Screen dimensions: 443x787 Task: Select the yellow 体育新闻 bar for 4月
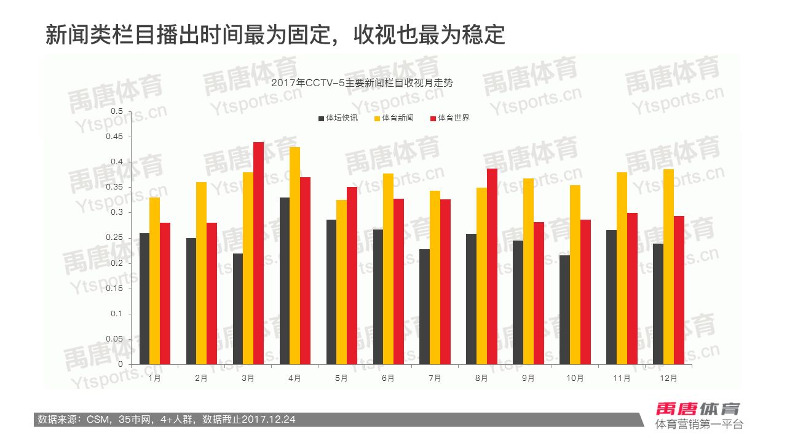tap(295, 255)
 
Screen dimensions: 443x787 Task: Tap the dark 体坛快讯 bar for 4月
tap(285, 281)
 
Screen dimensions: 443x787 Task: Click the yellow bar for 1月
tap(155, 281)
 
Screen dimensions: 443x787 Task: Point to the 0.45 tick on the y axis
tap(115, 137)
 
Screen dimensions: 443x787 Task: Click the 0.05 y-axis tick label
tap(115, 339)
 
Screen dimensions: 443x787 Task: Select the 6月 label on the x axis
tap(388, 378)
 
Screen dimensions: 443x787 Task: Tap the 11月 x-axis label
tap(622, 378)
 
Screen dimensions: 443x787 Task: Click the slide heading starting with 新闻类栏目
tap(275, 35)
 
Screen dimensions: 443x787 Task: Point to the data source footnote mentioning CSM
tap(167, 420)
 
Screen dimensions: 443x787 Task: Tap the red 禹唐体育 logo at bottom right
tap(697, 409)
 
